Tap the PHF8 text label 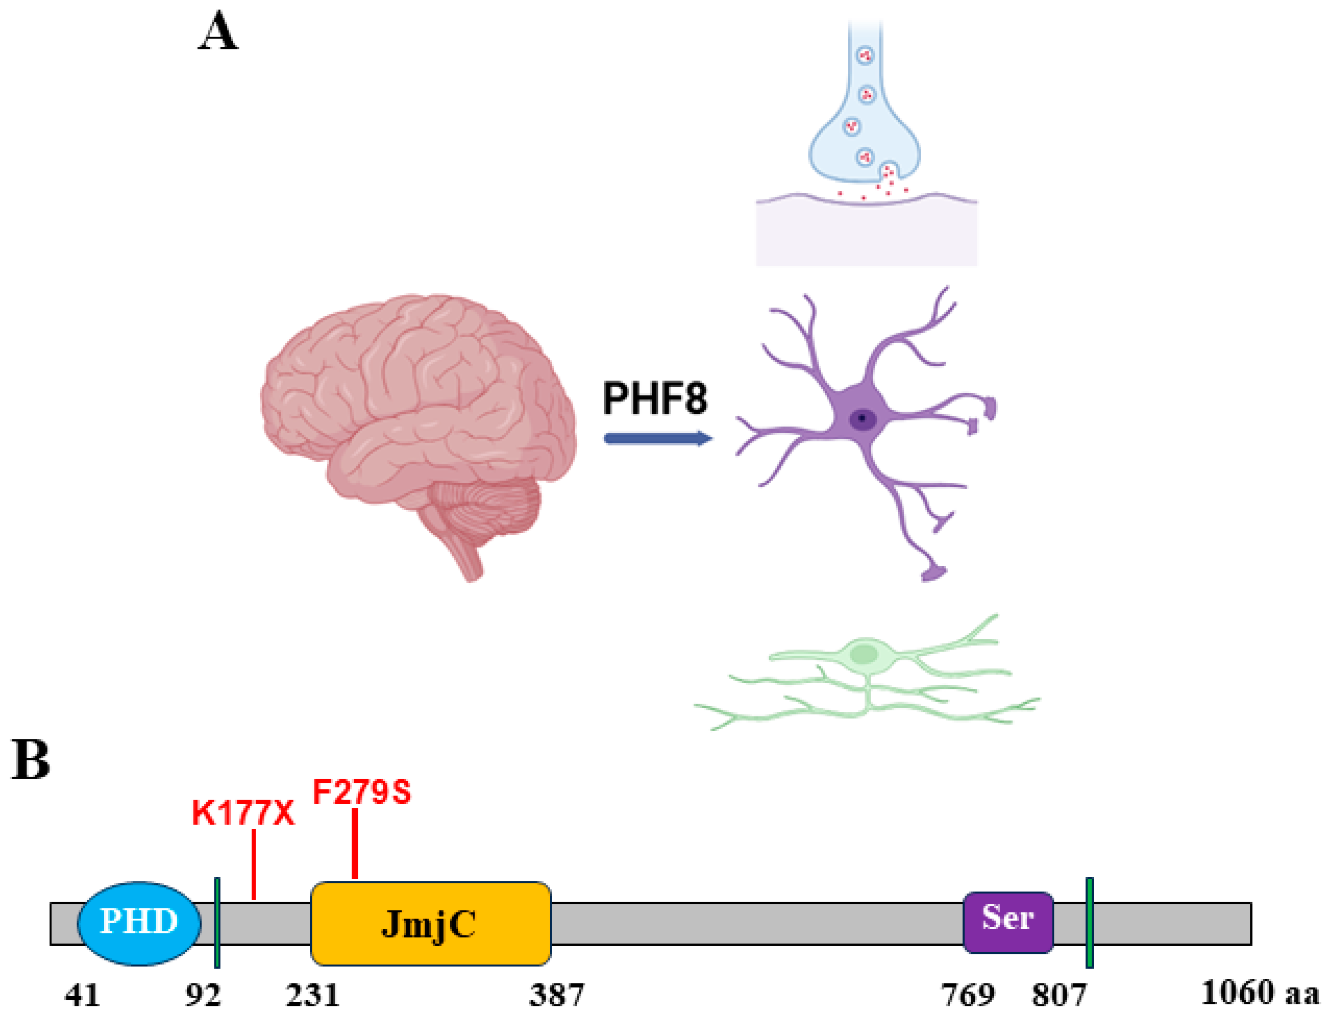coord(654,399)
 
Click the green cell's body coord(864,654)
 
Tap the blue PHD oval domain coord(139,922)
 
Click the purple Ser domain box coord(1007,921)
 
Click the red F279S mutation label coord(361,792)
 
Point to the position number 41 coord(82,995)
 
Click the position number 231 coord(312,995)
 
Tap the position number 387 coord(556,995)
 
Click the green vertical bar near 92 coord(217,922)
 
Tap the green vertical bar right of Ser coord(1090,922)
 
